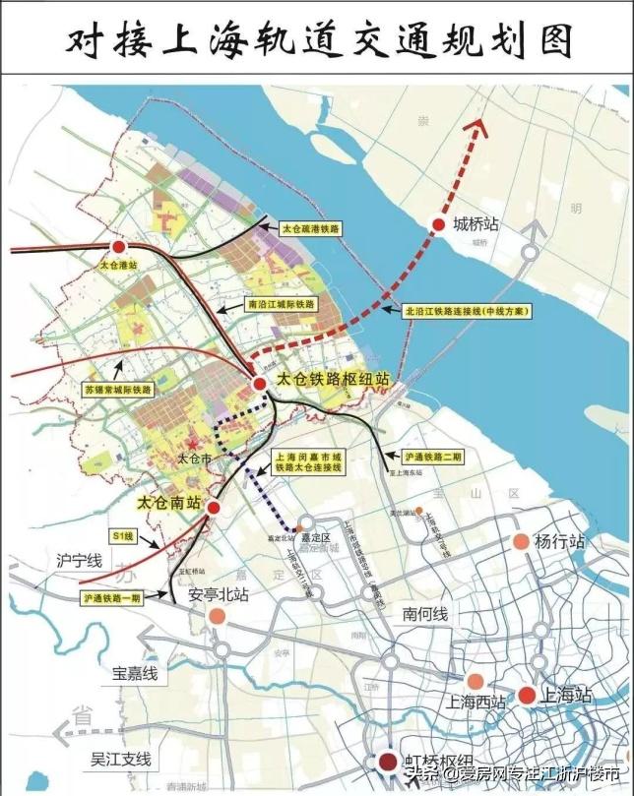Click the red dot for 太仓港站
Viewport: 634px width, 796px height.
tap(119, 247)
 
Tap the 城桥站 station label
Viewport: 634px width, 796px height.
tap(476, 224)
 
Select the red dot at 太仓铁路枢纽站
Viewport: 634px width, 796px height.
tap(258, 384)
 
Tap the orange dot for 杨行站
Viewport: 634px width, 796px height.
tap(521, 541)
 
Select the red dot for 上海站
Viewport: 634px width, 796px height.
tap(527, 696)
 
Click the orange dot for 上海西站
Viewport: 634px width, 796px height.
tap(475, 682)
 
